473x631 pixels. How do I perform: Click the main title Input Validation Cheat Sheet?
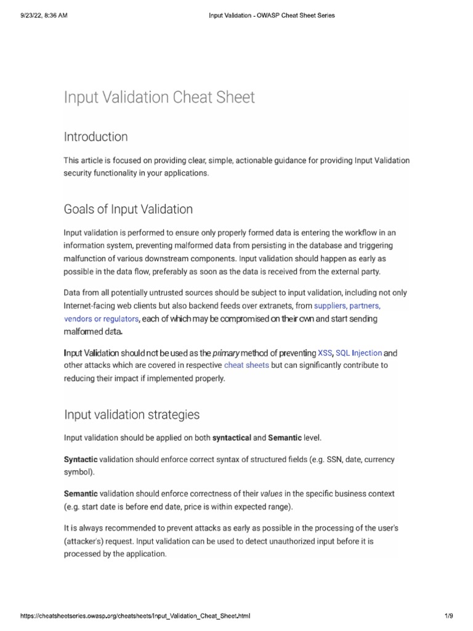[159, 98]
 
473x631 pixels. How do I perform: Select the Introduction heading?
[95, 136]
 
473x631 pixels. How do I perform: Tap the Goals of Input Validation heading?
[128, 210]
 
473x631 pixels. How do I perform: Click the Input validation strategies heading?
[132, 415]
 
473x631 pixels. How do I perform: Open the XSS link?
[325, 353]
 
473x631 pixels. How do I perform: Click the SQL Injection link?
[358, 353]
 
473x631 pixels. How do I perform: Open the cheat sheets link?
[246, 365]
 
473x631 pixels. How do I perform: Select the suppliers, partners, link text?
[352, 306]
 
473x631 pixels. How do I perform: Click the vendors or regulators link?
[102, 319]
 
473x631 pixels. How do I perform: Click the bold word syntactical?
[232, 438]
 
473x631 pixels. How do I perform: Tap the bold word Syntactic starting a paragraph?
[80, 460]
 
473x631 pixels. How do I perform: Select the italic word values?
[272, 494]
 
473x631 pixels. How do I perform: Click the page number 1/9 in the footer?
[449, 616]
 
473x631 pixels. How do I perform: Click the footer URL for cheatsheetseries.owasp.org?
[135, 616]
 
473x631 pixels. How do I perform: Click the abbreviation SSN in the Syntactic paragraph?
[334, 460]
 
